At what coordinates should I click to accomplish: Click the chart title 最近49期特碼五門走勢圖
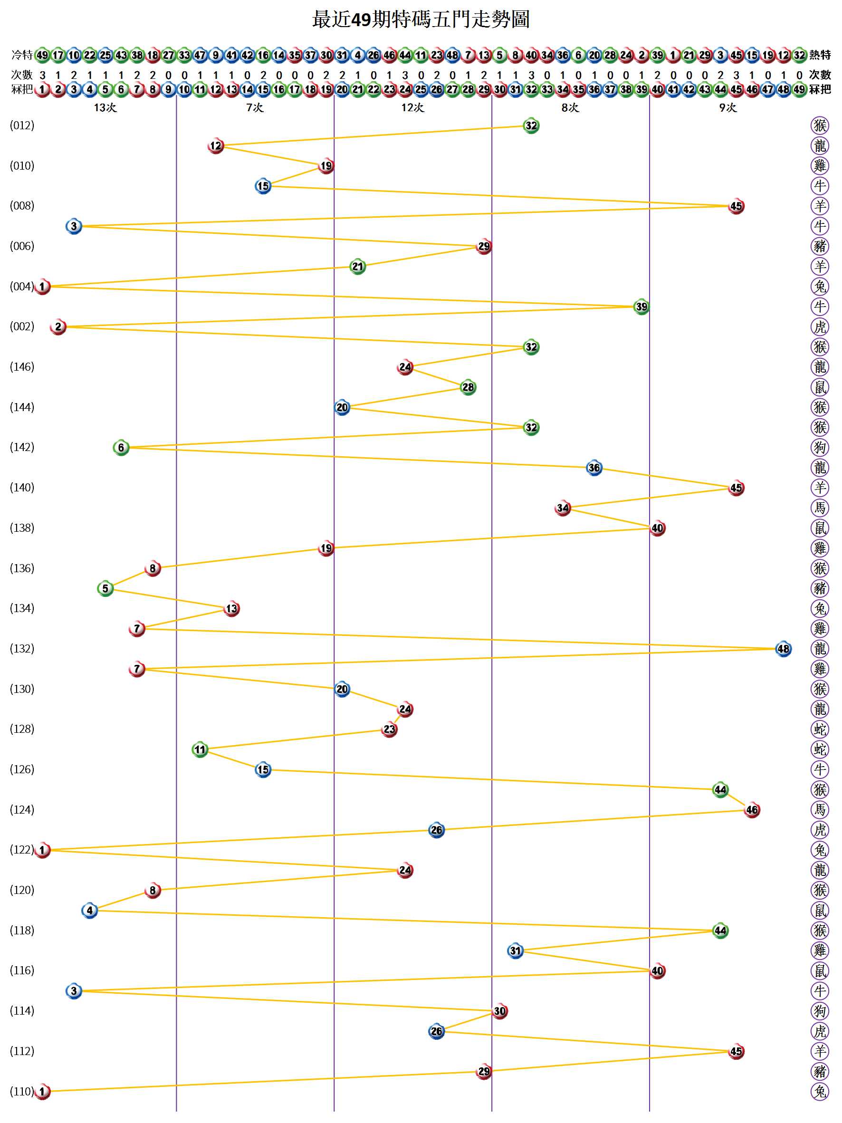click(421, 19)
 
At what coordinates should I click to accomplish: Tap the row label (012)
click(22, 125)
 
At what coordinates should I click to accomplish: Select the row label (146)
click(22, 366)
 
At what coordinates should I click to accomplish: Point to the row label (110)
click(22, 1091)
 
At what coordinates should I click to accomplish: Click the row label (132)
click(22, 648)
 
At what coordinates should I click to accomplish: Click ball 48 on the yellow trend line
click(783, 648)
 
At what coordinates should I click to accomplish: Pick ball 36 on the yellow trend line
click(594, 468)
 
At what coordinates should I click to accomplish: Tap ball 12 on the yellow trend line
click(216, 146)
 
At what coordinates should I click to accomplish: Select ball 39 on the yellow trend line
click(641, 307)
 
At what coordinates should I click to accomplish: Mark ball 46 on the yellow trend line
click(752, 810)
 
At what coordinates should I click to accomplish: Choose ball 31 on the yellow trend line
click(515, 950)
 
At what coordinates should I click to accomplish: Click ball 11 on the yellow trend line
click(200, 749)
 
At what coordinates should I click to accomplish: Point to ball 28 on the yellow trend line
click(468, 387)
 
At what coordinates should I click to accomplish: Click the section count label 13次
click(105, 107)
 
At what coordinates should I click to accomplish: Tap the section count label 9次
click(727, 107)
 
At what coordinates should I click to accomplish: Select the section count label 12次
click(412, 107)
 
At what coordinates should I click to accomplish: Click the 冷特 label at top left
click(22, 55)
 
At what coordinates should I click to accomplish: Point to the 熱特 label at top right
click(820, 55)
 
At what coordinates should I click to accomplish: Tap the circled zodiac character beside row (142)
click(820, 447)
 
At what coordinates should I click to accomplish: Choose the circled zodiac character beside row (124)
click(820, 810)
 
